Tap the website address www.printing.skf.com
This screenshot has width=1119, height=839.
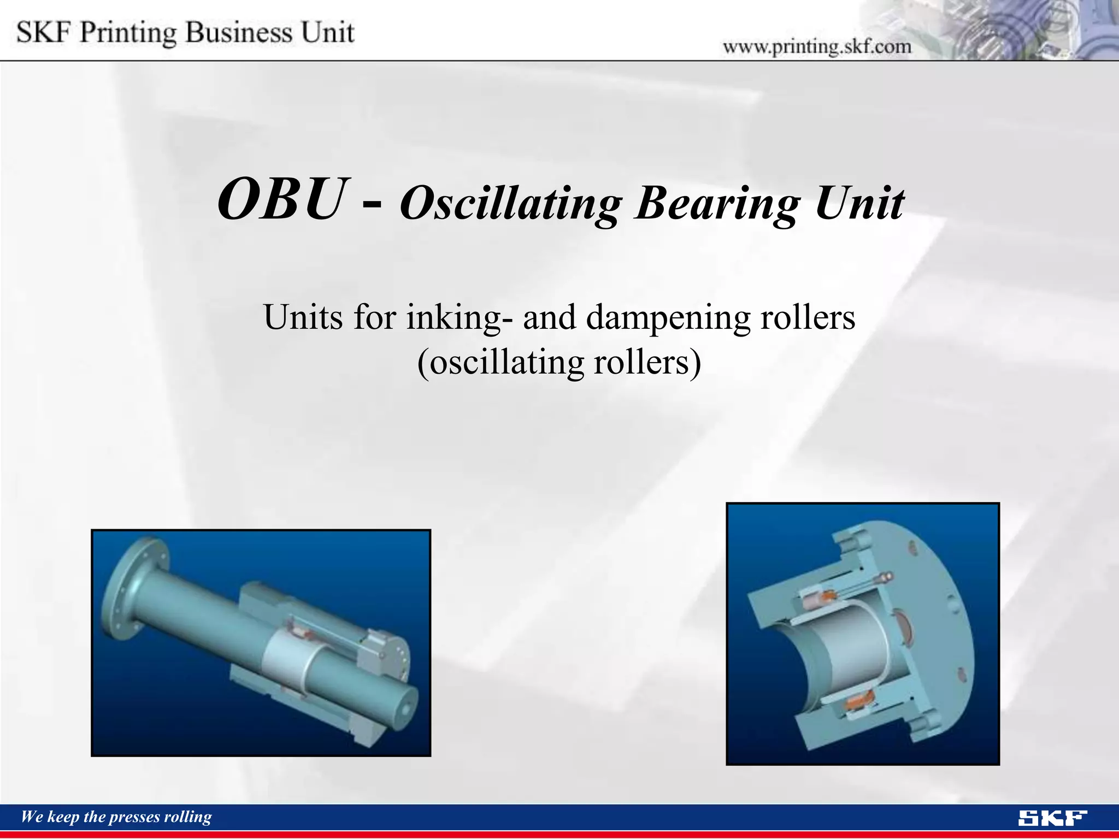click(817, 47)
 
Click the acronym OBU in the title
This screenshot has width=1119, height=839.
click(282, 199)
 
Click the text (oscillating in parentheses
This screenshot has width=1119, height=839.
click(499, 363)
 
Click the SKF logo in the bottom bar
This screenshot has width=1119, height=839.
click(1052, 818)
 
